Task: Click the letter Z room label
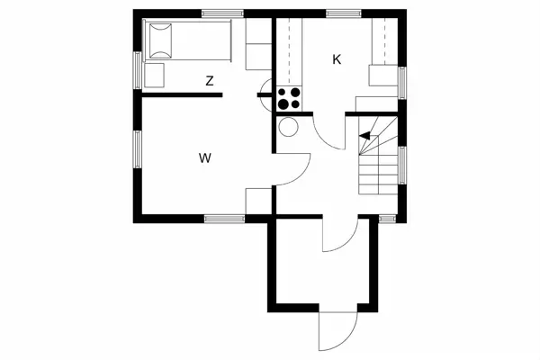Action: tap(210, 81)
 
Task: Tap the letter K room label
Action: tap(337, 59)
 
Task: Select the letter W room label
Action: tap(205, 158)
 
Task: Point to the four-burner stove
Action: tap(290, 97)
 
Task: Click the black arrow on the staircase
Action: tap(364, 136)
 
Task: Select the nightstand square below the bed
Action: tap(155, 74)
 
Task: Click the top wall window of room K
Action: tap(338, 12)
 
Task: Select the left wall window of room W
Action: tap(138, 149)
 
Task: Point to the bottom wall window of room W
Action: tap(219, 218)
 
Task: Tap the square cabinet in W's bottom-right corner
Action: tap(257, 201)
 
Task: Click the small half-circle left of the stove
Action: tap(264, 88)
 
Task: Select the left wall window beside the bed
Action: tap(138, 67)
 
